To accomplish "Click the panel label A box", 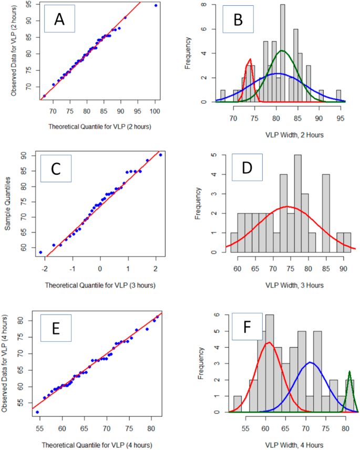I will coord(59,20).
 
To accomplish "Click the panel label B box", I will coord(238,20).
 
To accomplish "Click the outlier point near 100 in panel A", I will coord(156,5).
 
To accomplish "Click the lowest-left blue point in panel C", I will coord(40,252).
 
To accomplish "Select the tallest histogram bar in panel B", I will coord(283,53).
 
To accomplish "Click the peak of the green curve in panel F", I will coord(349,372).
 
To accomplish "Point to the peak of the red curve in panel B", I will coord(250,59).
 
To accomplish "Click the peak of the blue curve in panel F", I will coord(310,362).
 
